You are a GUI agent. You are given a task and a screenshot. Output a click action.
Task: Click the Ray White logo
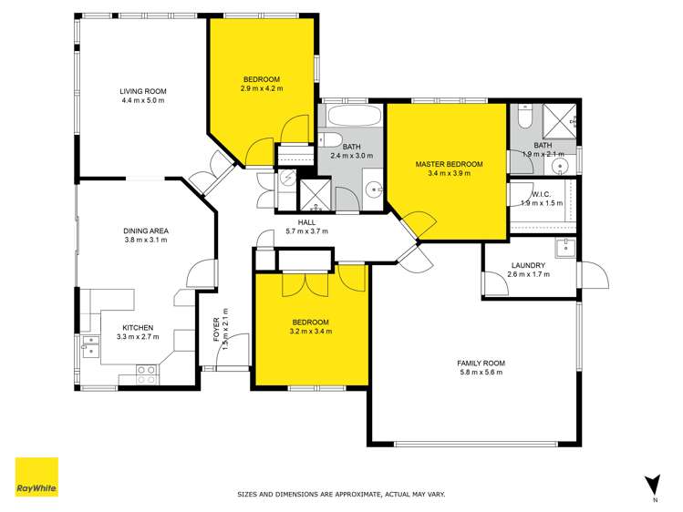[36, 477]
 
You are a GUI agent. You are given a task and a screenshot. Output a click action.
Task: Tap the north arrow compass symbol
[651, 485]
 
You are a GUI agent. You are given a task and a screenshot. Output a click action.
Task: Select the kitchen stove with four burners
[145, 371]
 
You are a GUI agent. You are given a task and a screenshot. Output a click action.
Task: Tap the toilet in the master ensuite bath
[523, 119]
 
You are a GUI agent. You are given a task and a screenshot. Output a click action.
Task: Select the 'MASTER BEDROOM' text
[449, 165]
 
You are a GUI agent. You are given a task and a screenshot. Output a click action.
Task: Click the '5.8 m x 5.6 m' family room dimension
[481, 373]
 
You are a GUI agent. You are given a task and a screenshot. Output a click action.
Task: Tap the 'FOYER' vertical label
[216, 328]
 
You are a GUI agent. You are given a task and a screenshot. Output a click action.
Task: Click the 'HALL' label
[306, 221]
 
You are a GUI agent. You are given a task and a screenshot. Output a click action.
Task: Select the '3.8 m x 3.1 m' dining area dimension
[146, 241]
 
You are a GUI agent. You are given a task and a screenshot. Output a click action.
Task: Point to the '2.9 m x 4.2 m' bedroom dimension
[262, 89]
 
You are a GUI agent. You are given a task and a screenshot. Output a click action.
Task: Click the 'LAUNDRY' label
[528, 265]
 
